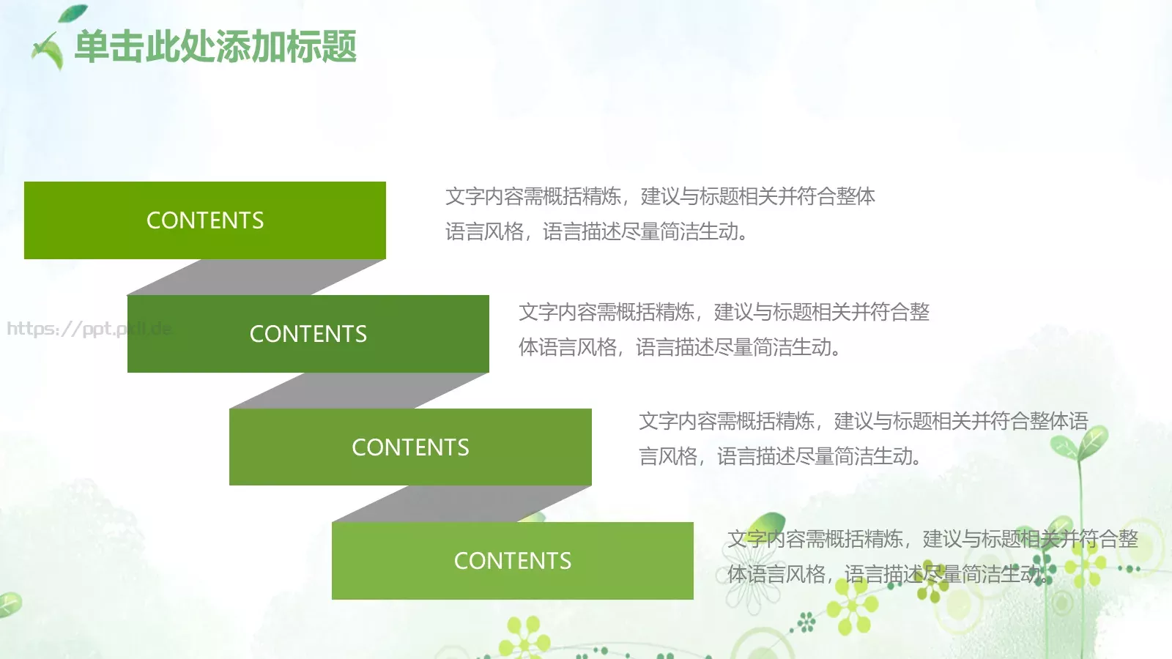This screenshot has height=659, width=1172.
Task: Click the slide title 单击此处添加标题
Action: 215,47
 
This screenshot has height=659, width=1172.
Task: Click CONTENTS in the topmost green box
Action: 205,220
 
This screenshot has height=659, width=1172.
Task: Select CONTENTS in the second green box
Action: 308,334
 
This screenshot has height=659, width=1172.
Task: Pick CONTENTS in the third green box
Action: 410,447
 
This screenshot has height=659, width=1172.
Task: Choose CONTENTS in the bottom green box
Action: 513,561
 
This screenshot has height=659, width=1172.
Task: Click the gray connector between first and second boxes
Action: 256,278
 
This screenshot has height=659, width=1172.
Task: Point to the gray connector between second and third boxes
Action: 359,391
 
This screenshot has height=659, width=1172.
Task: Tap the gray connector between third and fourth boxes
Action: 461,505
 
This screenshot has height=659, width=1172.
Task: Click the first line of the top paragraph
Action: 659,196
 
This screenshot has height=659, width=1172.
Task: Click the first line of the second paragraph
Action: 724,312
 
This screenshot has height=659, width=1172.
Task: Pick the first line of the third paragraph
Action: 863,421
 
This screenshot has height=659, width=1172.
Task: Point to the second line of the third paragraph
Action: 779,456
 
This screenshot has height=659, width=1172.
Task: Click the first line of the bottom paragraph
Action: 932,539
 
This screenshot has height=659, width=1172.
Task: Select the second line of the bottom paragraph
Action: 886,574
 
